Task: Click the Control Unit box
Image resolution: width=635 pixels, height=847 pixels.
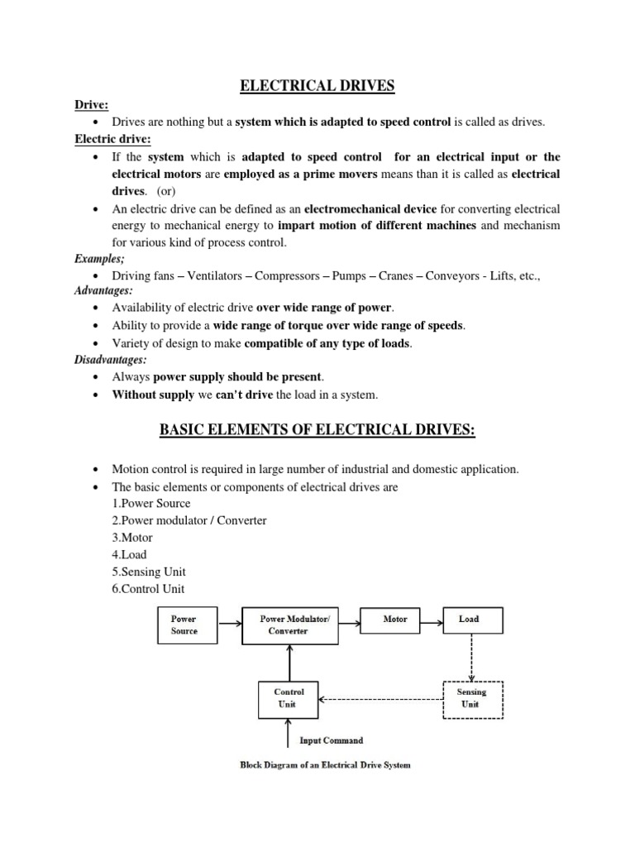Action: coord(289,698)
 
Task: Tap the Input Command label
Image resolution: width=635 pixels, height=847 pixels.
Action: coord(330,740)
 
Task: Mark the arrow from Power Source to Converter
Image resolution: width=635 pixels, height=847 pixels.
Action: coord(229,619)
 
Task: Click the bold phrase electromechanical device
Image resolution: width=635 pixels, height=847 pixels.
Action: coord(370,208)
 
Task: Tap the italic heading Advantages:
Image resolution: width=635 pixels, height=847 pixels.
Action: coord(103,290)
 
